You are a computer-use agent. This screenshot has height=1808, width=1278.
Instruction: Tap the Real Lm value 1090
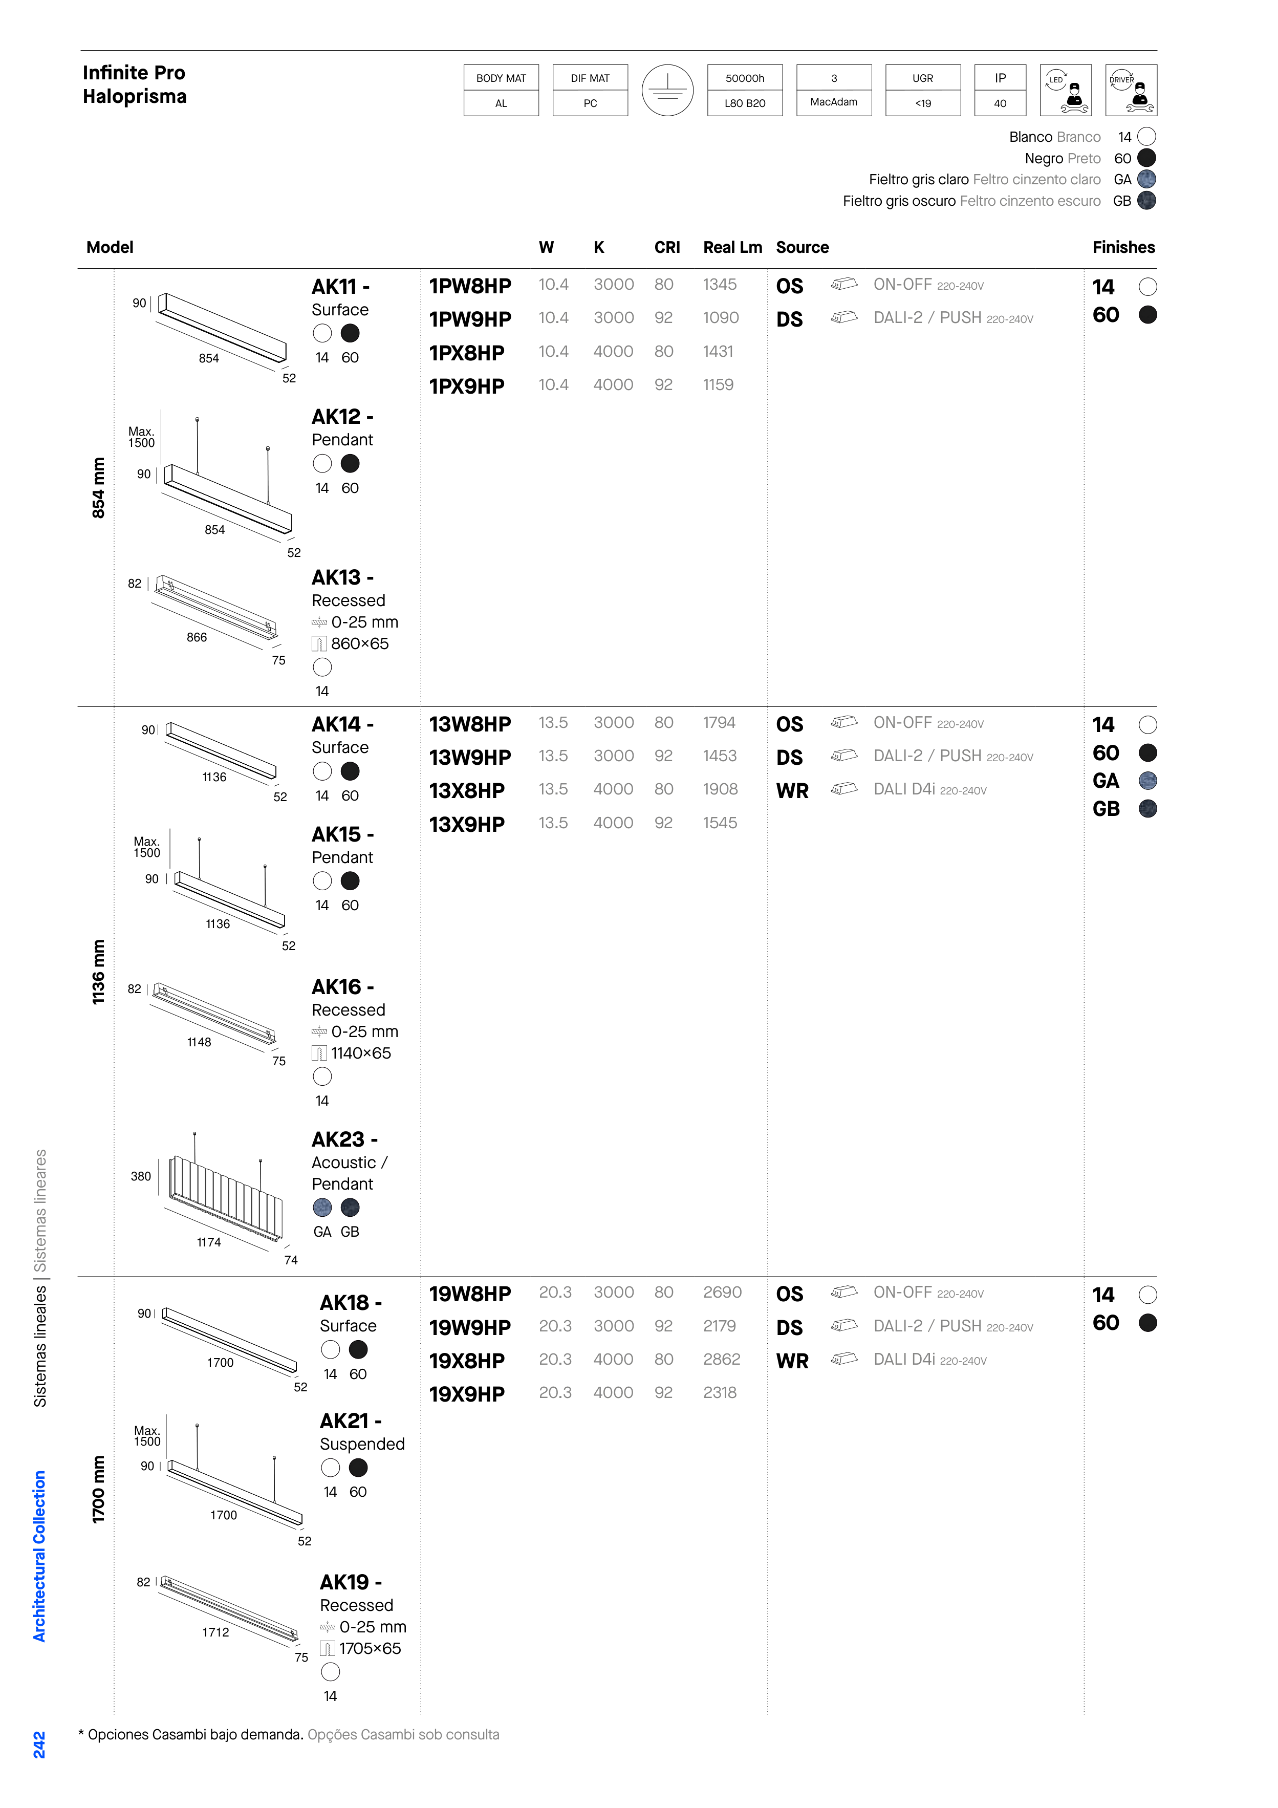pos(721,317)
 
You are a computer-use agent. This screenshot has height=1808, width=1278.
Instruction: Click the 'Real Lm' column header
pos(732,247)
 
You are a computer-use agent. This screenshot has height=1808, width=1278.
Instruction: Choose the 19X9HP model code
pos(467,1394)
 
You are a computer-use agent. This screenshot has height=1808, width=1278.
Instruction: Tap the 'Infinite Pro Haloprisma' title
pos(135,84)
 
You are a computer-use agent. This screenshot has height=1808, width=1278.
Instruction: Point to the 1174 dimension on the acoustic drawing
pos(209,1242)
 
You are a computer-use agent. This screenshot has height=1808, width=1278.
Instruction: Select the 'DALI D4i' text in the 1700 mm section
pos(904,1360)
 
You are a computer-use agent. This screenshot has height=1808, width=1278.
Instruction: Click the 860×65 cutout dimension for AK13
pos(360,643)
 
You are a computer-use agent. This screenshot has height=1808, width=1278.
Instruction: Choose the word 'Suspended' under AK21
pos(362,1444)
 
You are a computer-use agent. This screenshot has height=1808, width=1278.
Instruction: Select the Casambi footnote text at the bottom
pos(288,1735)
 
